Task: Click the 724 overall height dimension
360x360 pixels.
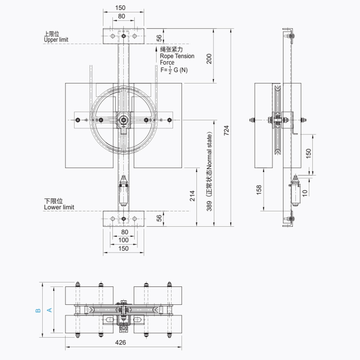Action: [x=226, y=130]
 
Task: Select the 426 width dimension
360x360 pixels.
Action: [x=121, y=343]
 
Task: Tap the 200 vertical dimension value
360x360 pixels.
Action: [x=209, y=59]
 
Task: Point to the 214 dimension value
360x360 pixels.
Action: [x=192, y=196]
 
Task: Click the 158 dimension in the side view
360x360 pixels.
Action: [x=259, y=190]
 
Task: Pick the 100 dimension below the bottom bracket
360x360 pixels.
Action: [x=123, y=240]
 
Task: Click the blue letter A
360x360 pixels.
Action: [x=49, y=310]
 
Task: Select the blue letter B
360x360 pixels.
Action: [x=38, y=311]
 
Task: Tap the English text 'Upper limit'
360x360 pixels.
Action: [x=56, y=40]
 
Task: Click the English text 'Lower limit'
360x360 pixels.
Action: [x=59, y=207]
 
